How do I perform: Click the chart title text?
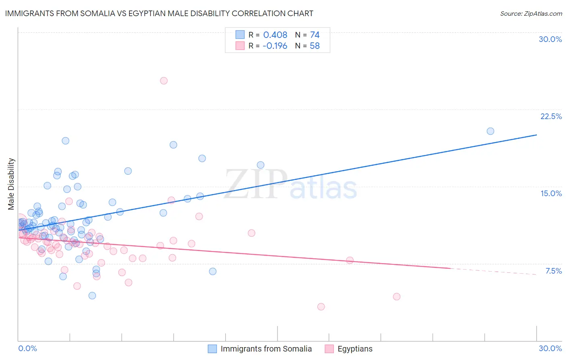pos(159,13)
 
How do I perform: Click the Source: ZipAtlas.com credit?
pos(531,14)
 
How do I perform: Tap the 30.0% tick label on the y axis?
pos(550,39)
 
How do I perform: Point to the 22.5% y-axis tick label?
pos(551,116)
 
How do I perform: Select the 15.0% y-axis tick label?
pos(551,193)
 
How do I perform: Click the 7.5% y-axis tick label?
pos(553,271)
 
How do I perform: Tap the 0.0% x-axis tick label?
pos(27,348)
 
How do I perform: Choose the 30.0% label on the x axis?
pos(550,348)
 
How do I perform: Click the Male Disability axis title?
pos(11,184)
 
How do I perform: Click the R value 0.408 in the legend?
pos(275,35)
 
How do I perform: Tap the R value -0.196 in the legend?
pos(275,46)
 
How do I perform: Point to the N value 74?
pos(315,35)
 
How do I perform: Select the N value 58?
pos(315,46)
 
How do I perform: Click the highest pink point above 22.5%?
pos(164,81)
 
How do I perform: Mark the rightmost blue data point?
pos(490,131)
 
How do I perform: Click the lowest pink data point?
pos(321,307)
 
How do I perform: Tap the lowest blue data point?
pos(92,295)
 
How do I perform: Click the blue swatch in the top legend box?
pos(240,35)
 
